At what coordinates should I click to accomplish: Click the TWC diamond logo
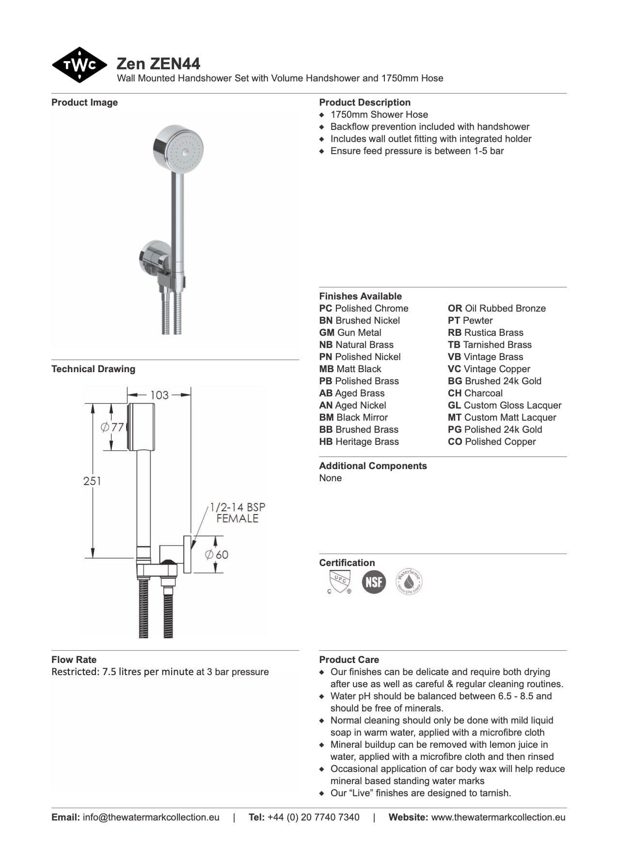tap(79, 65)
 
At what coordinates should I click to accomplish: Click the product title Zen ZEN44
tap(158, 64)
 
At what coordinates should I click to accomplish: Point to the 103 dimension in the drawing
tap(159, 395)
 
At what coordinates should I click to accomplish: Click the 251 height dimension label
tap(92, 481)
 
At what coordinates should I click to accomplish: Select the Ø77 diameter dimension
tap(112, 427)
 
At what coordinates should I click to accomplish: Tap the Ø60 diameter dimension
tap(216, 554)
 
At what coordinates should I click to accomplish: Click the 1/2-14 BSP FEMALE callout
tap(238, 513)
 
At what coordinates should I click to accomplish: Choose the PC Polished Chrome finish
tap(364, 309)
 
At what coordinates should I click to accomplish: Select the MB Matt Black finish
tap(350, 369)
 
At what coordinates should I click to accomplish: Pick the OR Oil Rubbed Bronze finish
tap(496, 309)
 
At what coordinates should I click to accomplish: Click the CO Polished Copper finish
tap(491, 442)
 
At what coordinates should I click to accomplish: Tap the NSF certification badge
tap(374, 582)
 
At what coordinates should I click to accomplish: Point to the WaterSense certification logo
tap(409, 582)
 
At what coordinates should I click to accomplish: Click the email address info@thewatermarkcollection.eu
tap(151, 817)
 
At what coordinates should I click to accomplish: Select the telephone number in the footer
tap(313, 817)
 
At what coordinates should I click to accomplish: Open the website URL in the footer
tap(498, 817)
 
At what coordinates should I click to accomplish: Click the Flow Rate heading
tap(74, 660)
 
